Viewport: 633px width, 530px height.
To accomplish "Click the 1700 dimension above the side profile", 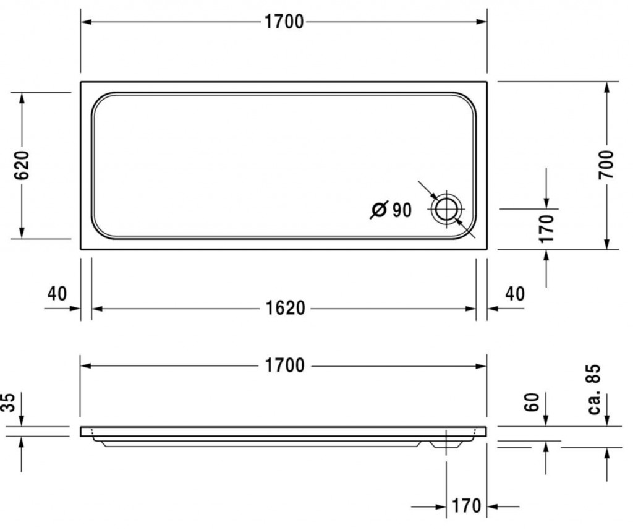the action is [x=284, y=365].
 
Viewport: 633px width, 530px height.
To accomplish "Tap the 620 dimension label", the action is [x=22, y=165].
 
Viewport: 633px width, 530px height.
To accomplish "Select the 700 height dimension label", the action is [x=606, y=165].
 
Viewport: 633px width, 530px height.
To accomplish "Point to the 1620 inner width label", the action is [x=286, y=308].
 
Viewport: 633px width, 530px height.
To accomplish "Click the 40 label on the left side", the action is [x=57, y=294].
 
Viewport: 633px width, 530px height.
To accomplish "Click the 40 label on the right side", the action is [x=515, y=294].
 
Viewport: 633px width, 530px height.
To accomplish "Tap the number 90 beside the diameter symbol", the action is [x=402, y=210].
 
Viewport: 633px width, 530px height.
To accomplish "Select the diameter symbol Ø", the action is [x=379, y=210].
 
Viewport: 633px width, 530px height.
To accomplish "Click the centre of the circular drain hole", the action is [x=446, y=210].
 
